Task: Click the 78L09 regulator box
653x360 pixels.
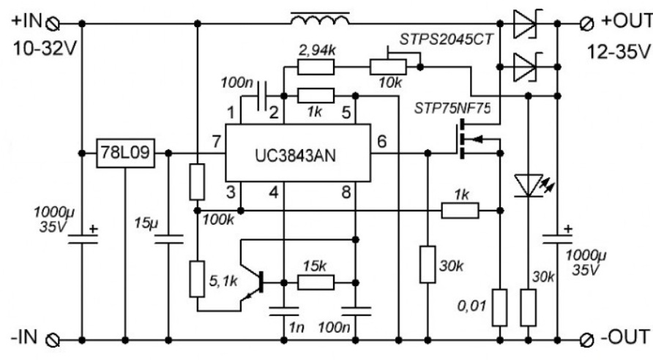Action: [x=125, y=154]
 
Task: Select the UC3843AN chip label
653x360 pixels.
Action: [x=295, y=156]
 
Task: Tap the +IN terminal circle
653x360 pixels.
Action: [x=53, y=25]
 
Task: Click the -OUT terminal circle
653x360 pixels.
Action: [x=588, y=340]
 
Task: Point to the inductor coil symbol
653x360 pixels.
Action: [x=320, y=18]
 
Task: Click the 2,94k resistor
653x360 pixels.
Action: [x=316, y=67]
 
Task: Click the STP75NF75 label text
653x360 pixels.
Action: [x=452, y=108]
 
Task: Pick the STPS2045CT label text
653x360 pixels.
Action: [x=447, y=39]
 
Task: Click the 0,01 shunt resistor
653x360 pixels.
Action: [x=500, y=307]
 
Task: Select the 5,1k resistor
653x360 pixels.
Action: [x=197, y=279]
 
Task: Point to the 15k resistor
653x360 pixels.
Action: [x=316, y=282]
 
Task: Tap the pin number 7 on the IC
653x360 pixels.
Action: [x=216, y=142]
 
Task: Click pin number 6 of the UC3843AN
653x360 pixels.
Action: [x=381, y=142]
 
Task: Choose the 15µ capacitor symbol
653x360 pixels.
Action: [x=168, y=239]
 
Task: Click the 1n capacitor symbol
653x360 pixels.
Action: [x=283, y=312]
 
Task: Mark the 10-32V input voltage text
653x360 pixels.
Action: [x=45, y=49]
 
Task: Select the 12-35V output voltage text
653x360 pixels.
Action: [x=619, y=52]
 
